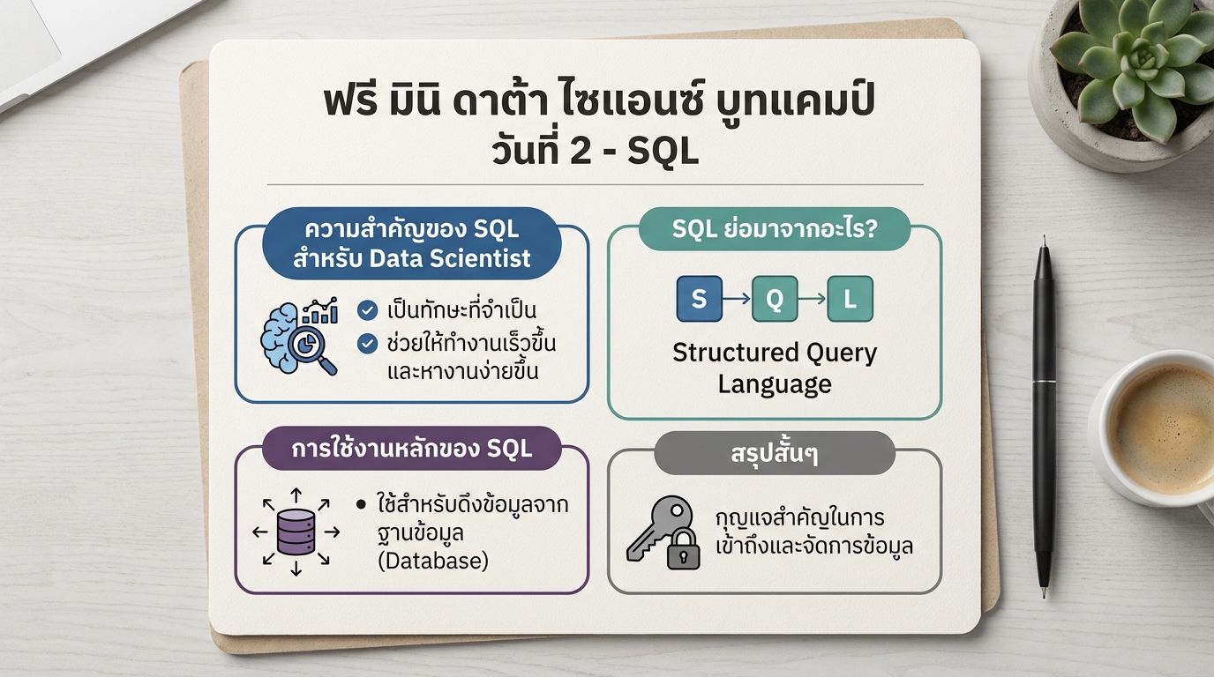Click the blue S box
pos(699,299)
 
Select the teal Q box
pos(774,299)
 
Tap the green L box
pos(851,299)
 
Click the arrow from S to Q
pos(737,300)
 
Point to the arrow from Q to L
pos(813,300)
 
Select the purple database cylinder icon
pos(296,532)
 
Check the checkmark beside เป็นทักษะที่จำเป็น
pos(368,310)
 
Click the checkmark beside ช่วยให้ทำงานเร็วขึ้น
pos(368,343)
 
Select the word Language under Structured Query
pos(774,384)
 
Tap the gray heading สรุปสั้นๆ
pos(774,454)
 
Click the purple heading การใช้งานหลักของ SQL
pos(412,448)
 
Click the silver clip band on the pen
pos(1045,380)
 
